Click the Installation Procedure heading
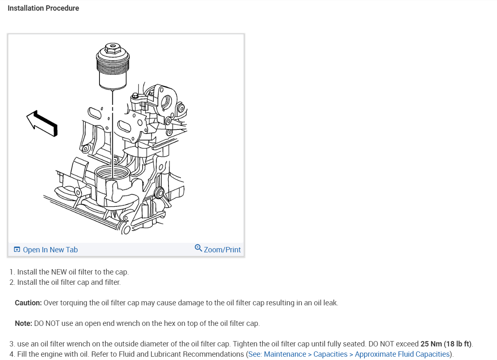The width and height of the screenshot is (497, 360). click(43, 8)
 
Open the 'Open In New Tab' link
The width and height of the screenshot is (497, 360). click(50, 250)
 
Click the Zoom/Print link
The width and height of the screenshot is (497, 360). click(222, 250)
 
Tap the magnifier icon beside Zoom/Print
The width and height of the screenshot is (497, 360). click(198, 248)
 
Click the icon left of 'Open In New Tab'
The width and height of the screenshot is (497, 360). click(17, 250)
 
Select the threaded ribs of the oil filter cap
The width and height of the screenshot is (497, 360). click(112, 65)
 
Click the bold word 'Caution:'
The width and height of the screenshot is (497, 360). click(28, 303)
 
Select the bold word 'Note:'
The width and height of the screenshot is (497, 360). click(23, 323)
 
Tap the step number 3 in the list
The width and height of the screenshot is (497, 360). click(12, 344)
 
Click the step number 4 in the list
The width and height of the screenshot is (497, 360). click(12, 354)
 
